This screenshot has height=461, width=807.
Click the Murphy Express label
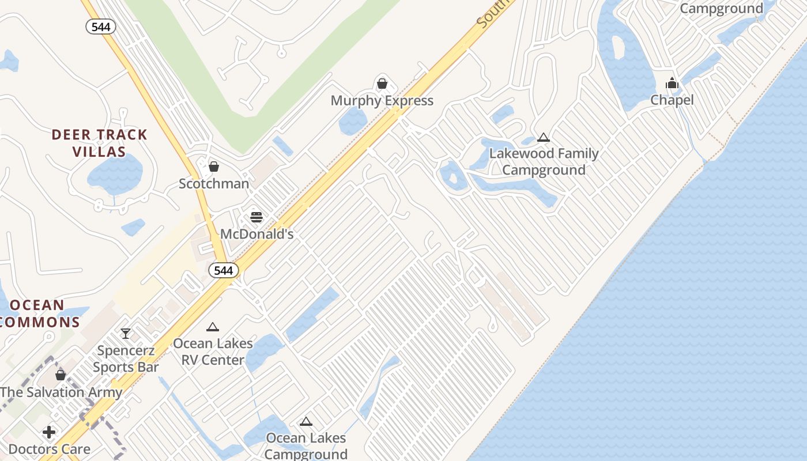coord(382,101)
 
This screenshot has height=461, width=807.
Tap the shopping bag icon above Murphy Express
coord(382,84)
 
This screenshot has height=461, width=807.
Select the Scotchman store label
coord(214,184)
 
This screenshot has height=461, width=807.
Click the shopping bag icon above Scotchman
coord(214,167)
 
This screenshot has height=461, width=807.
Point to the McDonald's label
coord(257,234)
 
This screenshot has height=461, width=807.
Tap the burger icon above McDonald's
coord(257,217)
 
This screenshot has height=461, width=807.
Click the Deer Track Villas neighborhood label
coord(99,143)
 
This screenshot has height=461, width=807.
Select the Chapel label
coord(672,100)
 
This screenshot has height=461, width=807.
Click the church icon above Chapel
coord(672,84)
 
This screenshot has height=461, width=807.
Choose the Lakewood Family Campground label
coord(544,162)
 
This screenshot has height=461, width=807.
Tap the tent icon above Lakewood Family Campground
coord(543,138)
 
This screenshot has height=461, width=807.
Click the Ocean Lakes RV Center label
coord(213,352)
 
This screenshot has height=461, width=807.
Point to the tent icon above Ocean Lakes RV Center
coord(213,327)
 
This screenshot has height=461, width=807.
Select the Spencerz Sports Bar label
coord(126,358)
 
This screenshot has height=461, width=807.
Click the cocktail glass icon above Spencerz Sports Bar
coord(126,333)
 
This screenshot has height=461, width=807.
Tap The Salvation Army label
coord(61,392)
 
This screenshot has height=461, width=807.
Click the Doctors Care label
coord(49,449)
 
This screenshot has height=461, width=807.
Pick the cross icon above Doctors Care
coord(49,432)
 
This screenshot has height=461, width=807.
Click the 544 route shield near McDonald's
coord(223,270)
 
